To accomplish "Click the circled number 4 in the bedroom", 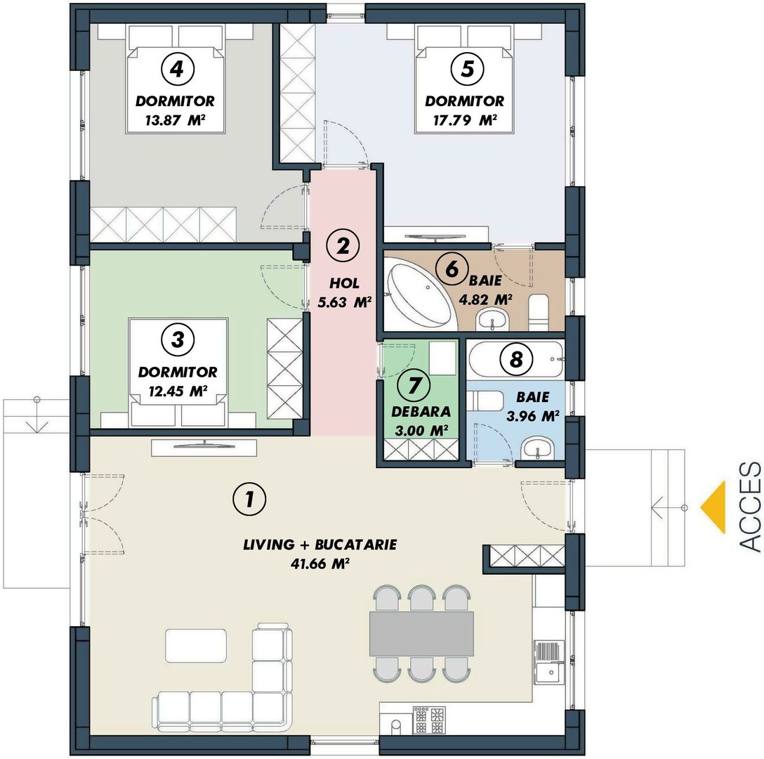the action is click(x=178, y=69).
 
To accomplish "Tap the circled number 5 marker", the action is click(x=467, y=69).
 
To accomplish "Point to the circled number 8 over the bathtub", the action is click(x=515, y=360).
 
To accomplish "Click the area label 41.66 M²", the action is click(x=320, y=550).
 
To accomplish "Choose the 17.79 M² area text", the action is click(x=465, y=120).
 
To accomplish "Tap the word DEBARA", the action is click(x=421, y=411).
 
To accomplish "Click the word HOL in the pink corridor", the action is click(x=345, y=283).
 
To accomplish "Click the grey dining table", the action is click(x=422, y=633).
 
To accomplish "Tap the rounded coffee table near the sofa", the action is click(x=196, y=645).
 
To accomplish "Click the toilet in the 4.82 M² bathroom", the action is click(x=539, y=312).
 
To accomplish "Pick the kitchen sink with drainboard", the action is click(x=549, y=663).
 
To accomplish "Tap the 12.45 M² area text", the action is click(x=178, y=391).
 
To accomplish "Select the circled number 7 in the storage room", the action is click(x=414, y=385).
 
